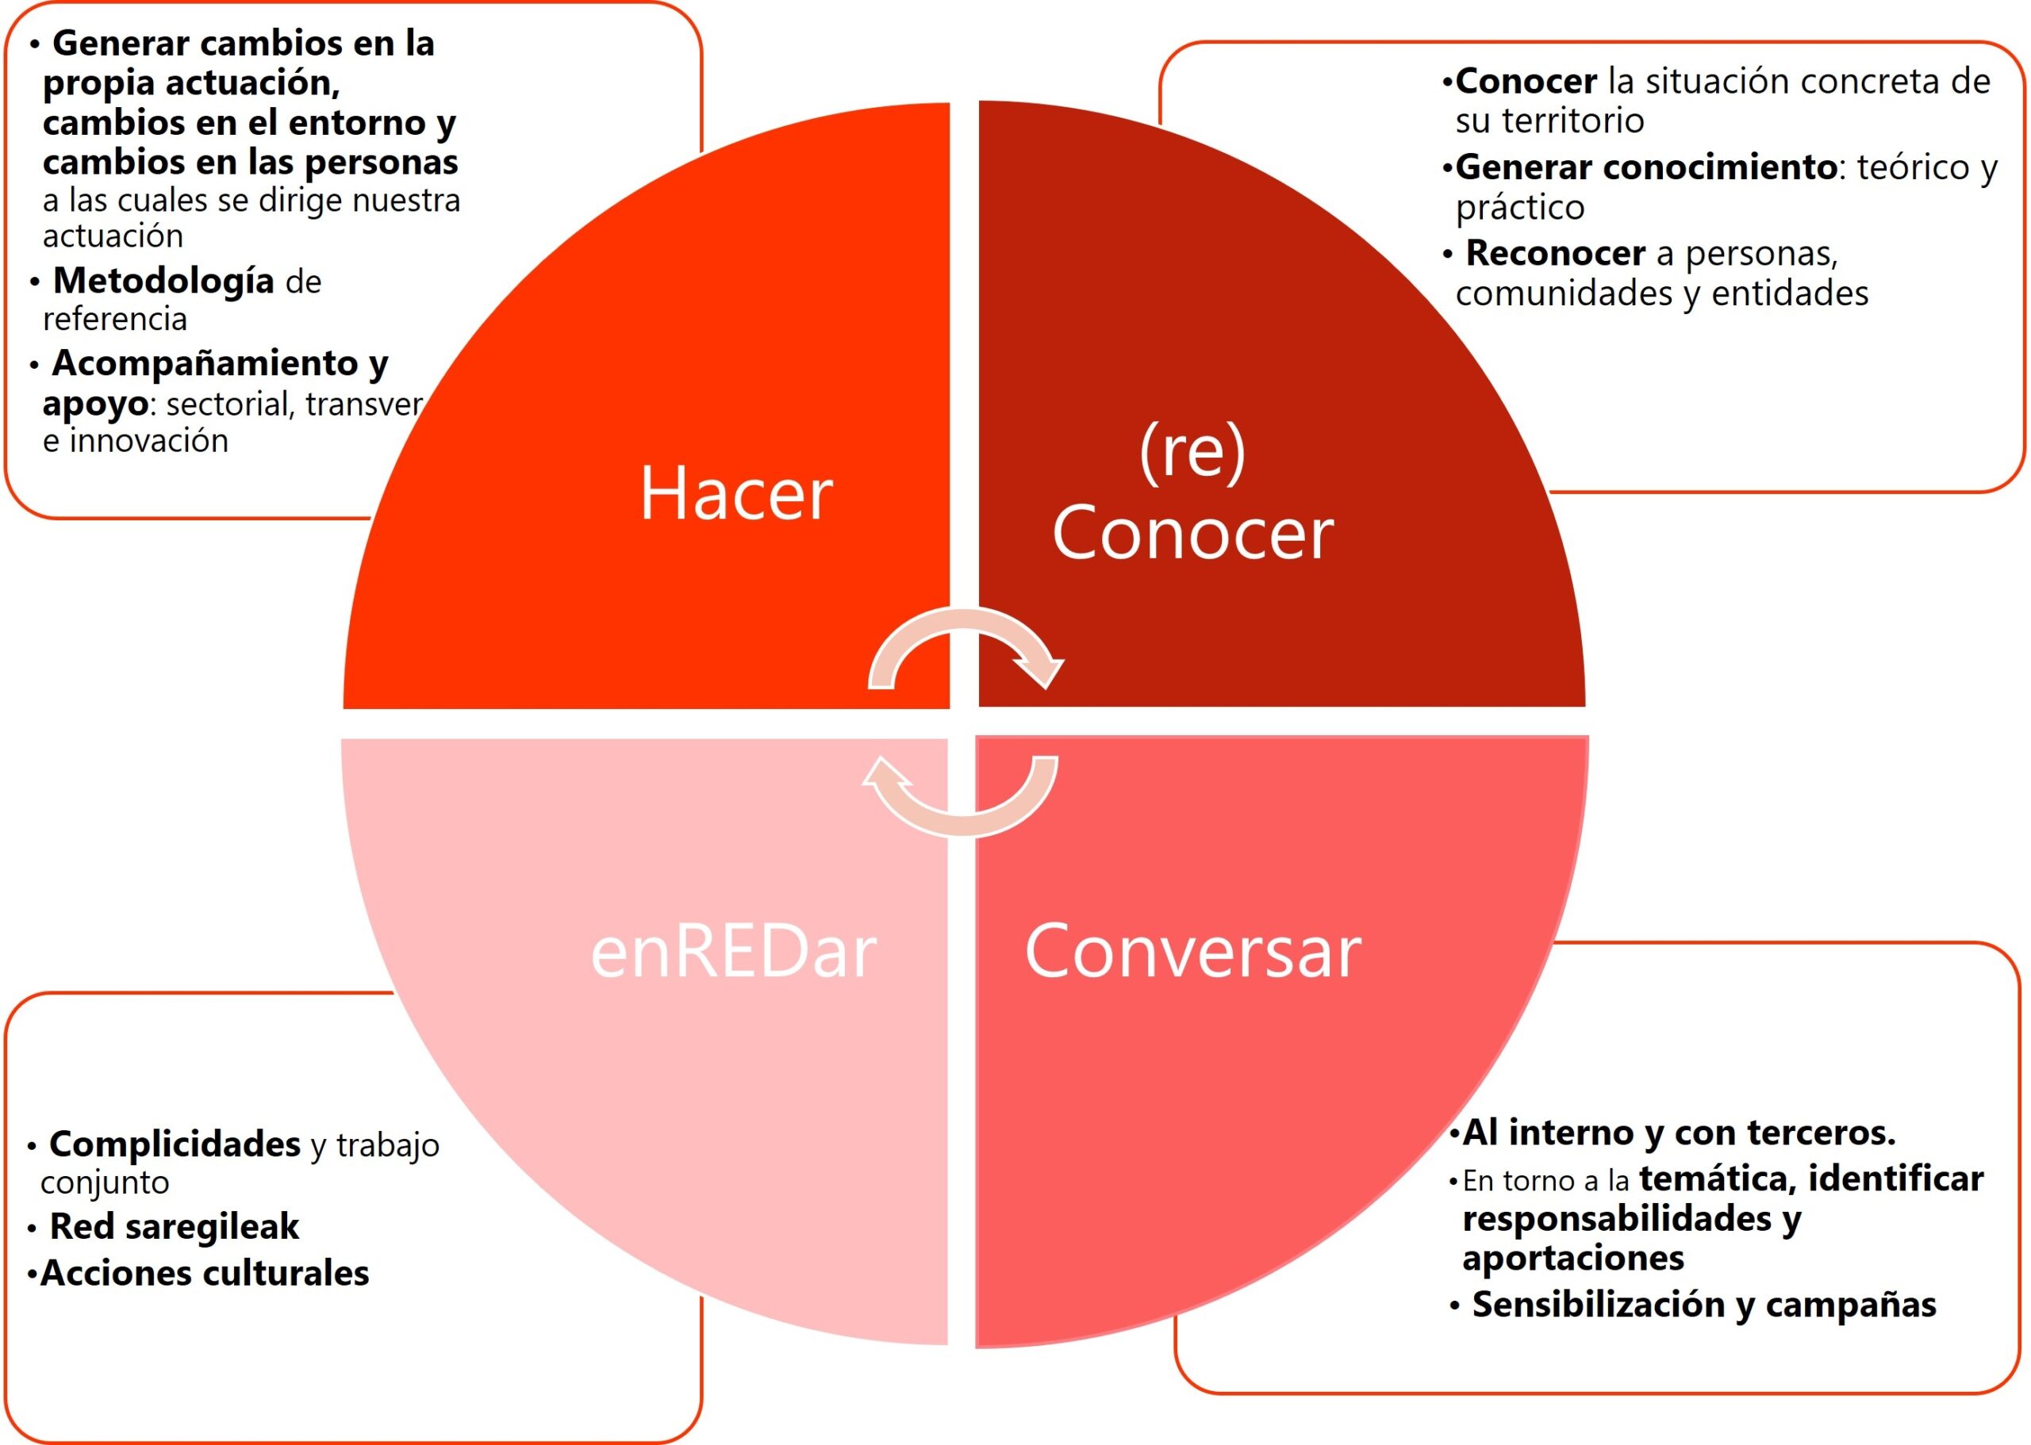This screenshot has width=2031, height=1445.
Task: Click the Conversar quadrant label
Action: [1192, 951]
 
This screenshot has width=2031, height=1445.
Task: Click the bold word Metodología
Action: [163, 282]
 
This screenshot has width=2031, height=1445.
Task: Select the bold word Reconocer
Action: [1555, 254]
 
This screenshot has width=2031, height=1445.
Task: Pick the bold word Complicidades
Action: [175, 1144]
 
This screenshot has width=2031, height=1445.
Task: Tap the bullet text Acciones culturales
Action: [204, 1273]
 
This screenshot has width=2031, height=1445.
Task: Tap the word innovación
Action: [148, 440]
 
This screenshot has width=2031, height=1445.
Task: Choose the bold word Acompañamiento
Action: [205, 363]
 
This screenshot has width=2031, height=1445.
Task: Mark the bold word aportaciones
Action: [1572, 1259]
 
